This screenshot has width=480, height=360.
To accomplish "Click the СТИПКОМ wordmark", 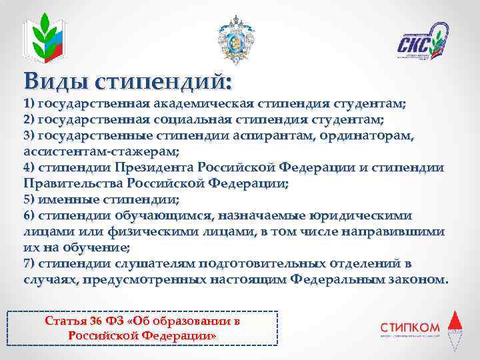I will click(x=410, y=326).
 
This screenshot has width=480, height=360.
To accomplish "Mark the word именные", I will click(x=71, y=199).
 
